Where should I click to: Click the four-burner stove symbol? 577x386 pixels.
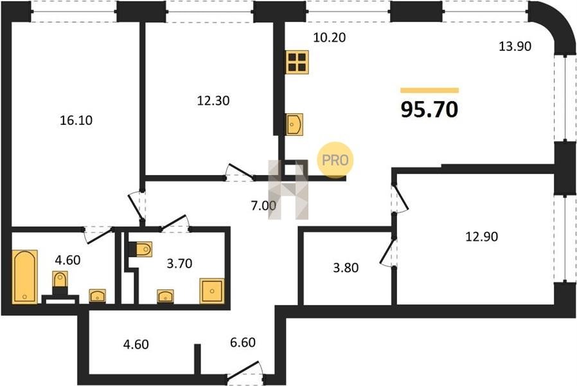297,62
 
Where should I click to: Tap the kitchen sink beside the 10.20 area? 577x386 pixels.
295,124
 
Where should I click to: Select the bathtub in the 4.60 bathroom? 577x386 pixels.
24,277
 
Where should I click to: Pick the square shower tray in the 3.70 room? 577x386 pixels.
212,291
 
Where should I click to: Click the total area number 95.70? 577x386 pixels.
429,109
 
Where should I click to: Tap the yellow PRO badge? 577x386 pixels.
335,160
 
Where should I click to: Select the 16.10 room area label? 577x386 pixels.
76,120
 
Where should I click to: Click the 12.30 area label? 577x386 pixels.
213,100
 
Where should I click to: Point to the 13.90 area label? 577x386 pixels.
515,46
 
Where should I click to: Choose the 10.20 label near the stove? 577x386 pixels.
330,37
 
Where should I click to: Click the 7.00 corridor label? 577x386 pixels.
263,205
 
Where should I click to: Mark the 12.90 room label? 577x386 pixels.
482,236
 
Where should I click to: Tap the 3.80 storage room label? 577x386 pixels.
346,268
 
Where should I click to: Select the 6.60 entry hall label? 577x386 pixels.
243,342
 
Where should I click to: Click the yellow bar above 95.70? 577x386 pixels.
429,90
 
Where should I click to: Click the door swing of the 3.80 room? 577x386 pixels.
387,252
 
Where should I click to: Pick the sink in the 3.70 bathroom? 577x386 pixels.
165,296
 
